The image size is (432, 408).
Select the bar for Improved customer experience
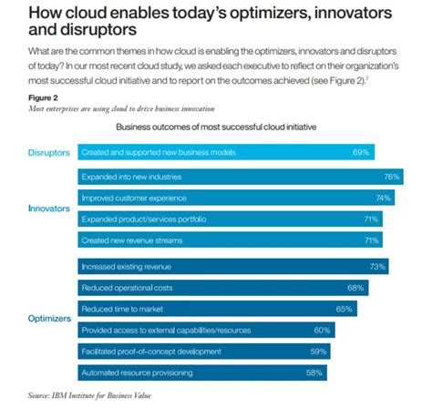tap(237, 198)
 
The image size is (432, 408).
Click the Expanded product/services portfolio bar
tap(228, 219)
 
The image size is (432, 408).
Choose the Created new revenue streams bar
tap(228, 241)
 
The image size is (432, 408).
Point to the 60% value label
tap(322, 330)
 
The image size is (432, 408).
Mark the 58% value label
tap(314, 372)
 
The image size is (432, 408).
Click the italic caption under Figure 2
tap(114, 108)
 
